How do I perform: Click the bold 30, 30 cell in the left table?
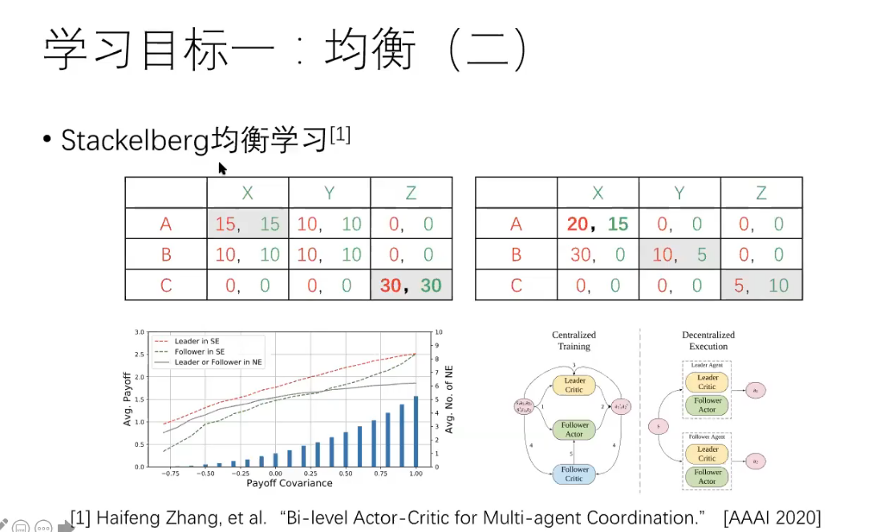pos(411,286)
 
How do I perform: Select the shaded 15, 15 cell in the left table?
pos(247,224)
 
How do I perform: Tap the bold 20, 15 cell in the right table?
pos(598,224)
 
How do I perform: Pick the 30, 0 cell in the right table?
pos(598,255)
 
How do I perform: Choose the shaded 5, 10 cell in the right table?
pos(760,286)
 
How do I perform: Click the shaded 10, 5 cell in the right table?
pos(679,255)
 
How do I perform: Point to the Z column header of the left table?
pos(411,193)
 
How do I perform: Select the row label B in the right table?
pos(517,255)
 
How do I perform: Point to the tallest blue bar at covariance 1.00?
pos(416,431)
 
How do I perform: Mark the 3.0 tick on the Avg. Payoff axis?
pos(140,332)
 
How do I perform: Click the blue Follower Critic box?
pos(575,473)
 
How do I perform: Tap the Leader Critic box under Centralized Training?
pos(575,385)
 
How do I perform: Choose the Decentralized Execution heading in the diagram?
pos(708,340)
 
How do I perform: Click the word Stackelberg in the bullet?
pos(136,140)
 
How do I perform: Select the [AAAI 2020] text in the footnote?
pos(772,518)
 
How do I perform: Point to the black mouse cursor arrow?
pos(222,168)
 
